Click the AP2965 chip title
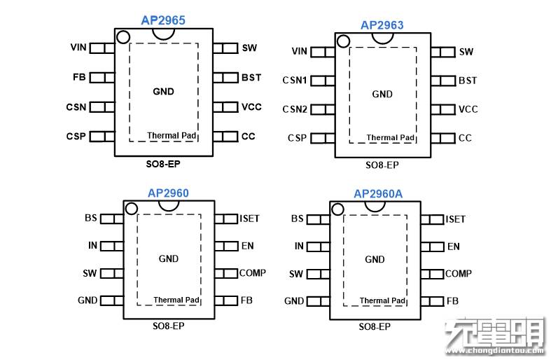click(x=162, y=20)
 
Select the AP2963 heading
click(x=382, y=25)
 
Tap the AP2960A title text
click(x=377, y=193)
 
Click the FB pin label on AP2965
click(x=78, y=77)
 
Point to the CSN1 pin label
click(x=295, y=81)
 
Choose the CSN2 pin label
click(x=295, y=109)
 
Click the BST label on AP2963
click(x=468, y=81)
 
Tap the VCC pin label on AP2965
click(x=251, y=107)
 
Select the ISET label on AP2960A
click(x=455, y=219)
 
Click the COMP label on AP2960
click(x=253, y=273)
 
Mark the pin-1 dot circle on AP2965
click(x=123, y=38)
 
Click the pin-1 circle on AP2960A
click(x=337, y=209)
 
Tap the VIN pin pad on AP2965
click(x=101, y=48)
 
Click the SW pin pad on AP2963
click(x=442, y=52)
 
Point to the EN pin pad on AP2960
click(x=226, y=246)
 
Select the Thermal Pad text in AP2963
click(x=391, y=138)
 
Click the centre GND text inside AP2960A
click(x=375, y=259)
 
